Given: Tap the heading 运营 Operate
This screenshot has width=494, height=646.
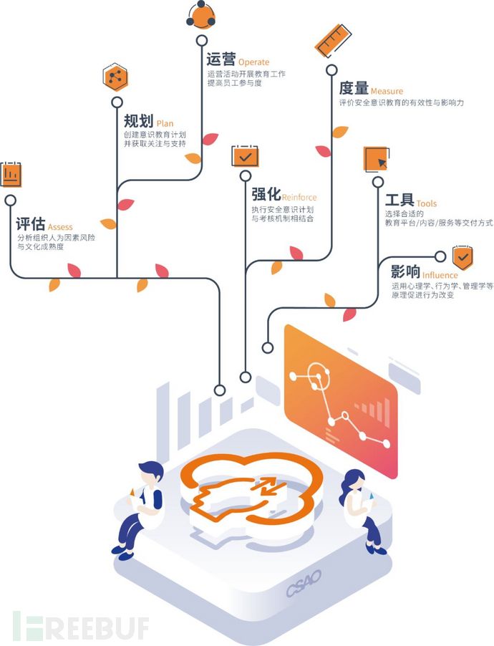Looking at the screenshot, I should [x=238, y=59].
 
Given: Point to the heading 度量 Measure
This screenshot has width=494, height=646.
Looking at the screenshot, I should [x=370, y=89].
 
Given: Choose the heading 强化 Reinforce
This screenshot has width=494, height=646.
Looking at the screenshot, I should [x=284, y=195].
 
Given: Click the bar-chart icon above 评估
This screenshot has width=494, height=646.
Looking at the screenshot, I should [x=11, y=174].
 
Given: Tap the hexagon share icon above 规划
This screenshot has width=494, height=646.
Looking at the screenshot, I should [x=115, y=77].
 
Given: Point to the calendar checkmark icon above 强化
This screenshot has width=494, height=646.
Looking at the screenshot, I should [x=245, y=155].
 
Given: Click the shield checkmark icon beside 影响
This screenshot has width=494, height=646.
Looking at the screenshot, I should [x=462, y=256].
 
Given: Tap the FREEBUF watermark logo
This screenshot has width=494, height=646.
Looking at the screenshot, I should [x=80, y=627].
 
